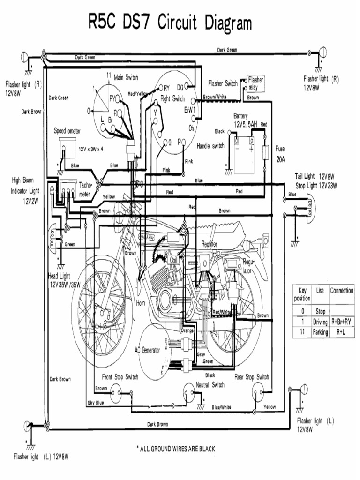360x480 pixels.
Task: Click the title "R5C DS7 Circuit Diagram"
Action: tap(170, 22)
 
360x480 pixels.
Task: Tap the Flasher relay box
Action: tap(255, 83)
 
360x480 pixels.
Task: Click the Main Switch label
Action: tap(126, 77)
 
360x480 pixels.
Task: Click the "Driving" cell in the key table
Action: tap(320, 322)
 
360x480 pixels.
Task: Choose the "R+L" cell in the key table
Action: tap(341, 332)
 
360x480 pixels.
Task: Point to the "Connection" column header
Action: tap(341, 291)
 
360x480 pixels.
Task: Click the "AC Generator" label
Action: tap(147, 350)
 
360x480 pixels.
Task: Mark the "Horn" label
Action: tap(141, 303)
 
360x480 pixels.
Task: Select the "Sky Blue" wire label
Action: tap(95, 403)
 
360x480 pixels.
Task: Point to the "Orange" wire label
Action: tap(187, 330)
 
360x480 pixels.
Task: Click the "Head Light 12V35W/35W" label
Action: tap(64, 280)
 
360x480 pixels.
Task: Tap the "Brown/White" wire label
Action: tap(215, 97)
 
